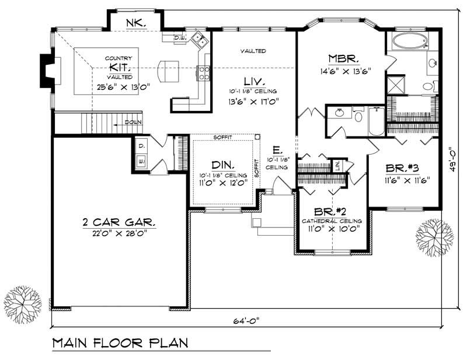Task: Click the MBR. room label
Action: tap(340, 58)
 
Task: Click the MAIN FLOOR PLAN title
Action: tap(120, 342)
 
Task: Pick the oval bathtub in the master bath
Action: tap(410, 41)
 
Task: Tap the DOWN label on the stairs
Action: tap(132, 123)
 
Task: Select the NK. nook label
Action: tap(134, 23)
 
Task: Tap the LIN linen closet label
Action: tap(337, 165)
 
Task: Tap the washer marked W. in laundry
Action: tap(141, 159)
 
